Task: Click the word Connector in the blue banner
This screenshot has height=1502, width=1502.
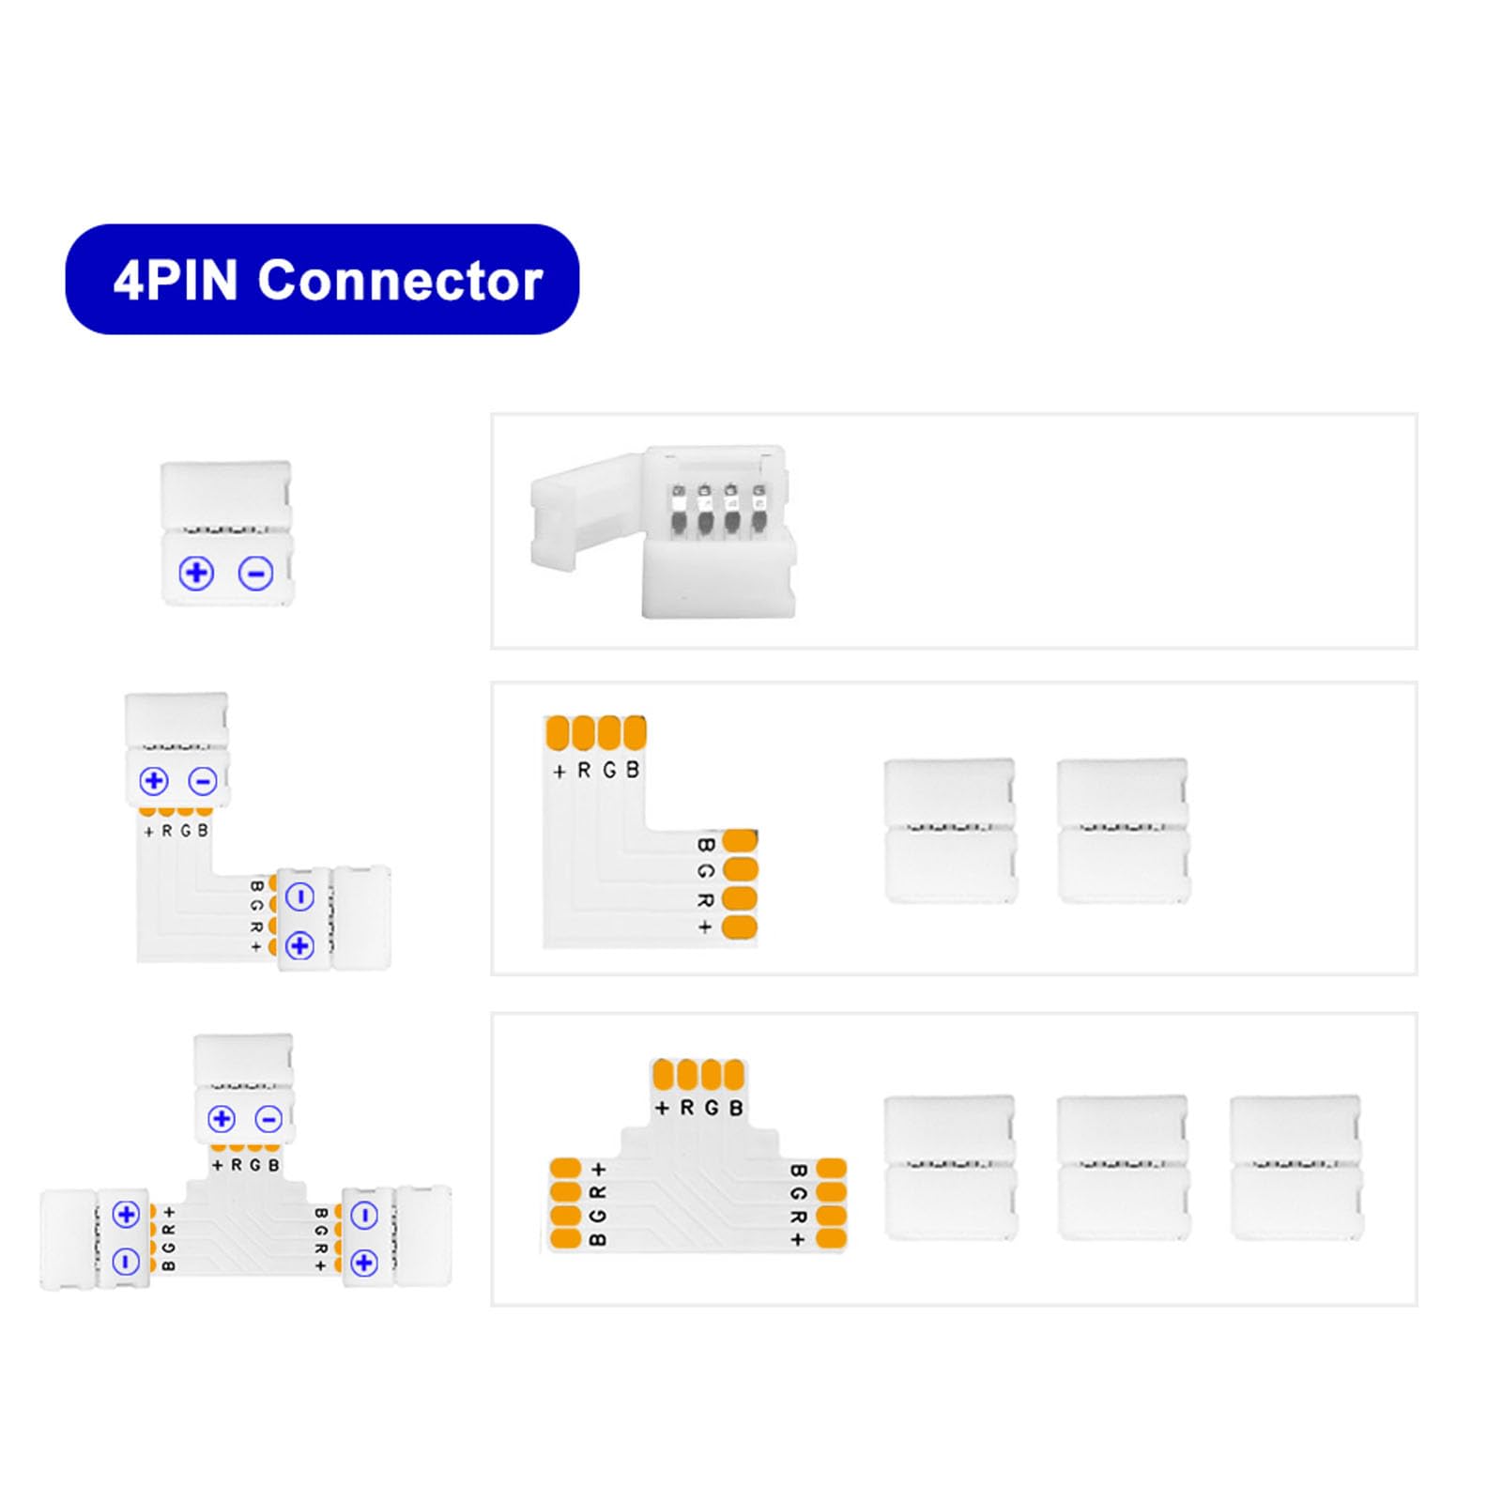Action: tap(400, 280)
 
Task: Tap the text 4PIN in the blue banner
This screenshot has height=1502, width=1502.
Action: tap(176, 280)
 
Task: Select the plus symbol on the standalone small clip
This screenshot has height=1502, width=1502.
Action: tap(196, 573)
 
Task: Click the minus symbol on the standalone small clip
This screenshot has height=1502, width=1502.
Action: tap(255, 573)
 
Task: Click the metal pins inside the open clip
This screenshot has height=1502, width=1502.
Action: tap(718, 511)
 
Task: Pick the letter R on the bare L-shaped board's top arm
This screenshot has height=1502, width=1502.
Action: tap(584, 771)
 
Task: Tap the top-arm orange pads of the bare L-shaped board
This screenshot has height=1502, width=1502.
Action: tap(596, 732)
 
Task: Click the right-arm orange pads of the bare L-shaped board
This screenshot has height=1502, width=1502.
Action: tap(740, 883)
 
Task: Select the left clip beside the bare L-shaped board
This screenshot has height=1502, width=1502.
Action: tap(950, 831)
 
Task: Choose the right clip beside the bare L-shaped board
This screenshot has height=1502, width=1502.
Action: tap(1123, 831)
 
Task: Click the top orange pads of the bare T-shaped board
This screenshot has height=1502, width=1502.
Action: tap(698, 1074)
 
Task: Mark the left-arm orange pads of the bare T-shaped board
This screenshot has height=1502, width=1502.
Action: tap(566, 1203)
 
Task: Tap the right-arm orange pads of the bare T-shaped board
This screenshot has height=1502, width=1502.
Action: tap(832, 1203)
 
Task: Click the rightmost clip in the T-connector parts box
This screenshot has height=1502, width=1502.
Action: tap(1296, 1167)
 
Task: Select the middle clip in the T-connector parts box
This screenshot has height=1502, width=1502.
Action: tap(1123, 1167)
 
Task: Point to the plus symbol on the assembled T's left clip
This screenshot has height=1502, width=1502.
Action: tap(126, 1214)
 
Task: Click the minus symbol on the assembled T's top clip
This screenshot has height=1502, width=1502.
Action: tap(268, 1119)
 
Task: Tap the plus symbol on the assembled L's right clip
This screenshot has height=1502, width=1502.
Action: tap(299, 945)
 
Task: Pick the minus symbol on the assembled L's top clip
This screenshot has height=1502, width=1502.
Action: tap(203, 781)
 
